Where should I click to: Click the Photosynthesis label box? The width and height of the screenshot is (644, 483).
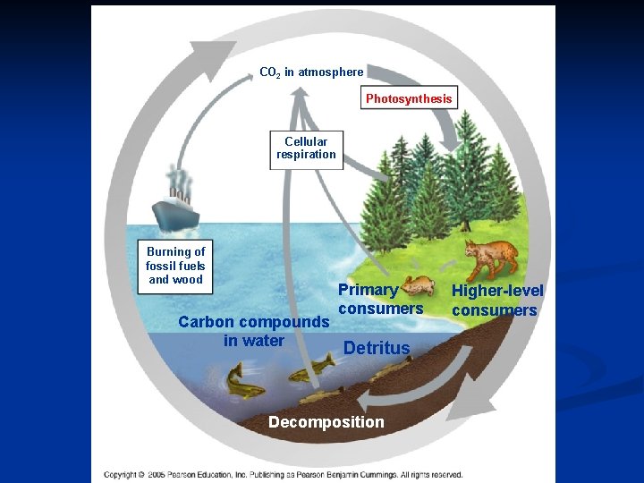(409, 97)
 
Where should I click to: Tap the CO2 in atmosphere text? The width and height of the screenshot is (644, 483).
(311, 72)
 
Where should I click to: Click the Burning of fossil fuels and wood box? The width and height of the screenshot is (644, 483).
(175, 266)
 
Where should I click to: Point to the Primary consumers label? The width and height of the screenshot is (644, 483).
(379, 299)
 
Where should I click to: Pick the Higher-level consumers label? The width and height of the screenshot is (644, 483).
(496, 300)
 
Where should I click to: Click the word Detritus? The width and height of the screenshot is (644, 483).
(377, 348)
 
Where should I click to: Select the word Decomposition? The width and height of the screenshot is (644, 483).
(326, 422)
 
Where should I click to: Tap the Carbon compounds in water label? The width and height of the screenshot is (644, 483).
(254, 331)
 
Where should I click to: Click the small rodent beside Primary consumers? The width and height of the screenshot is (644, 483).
(420, 286)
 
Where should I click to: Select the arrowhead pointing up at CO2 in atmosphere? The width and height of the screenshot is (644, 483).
(300, 91)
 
